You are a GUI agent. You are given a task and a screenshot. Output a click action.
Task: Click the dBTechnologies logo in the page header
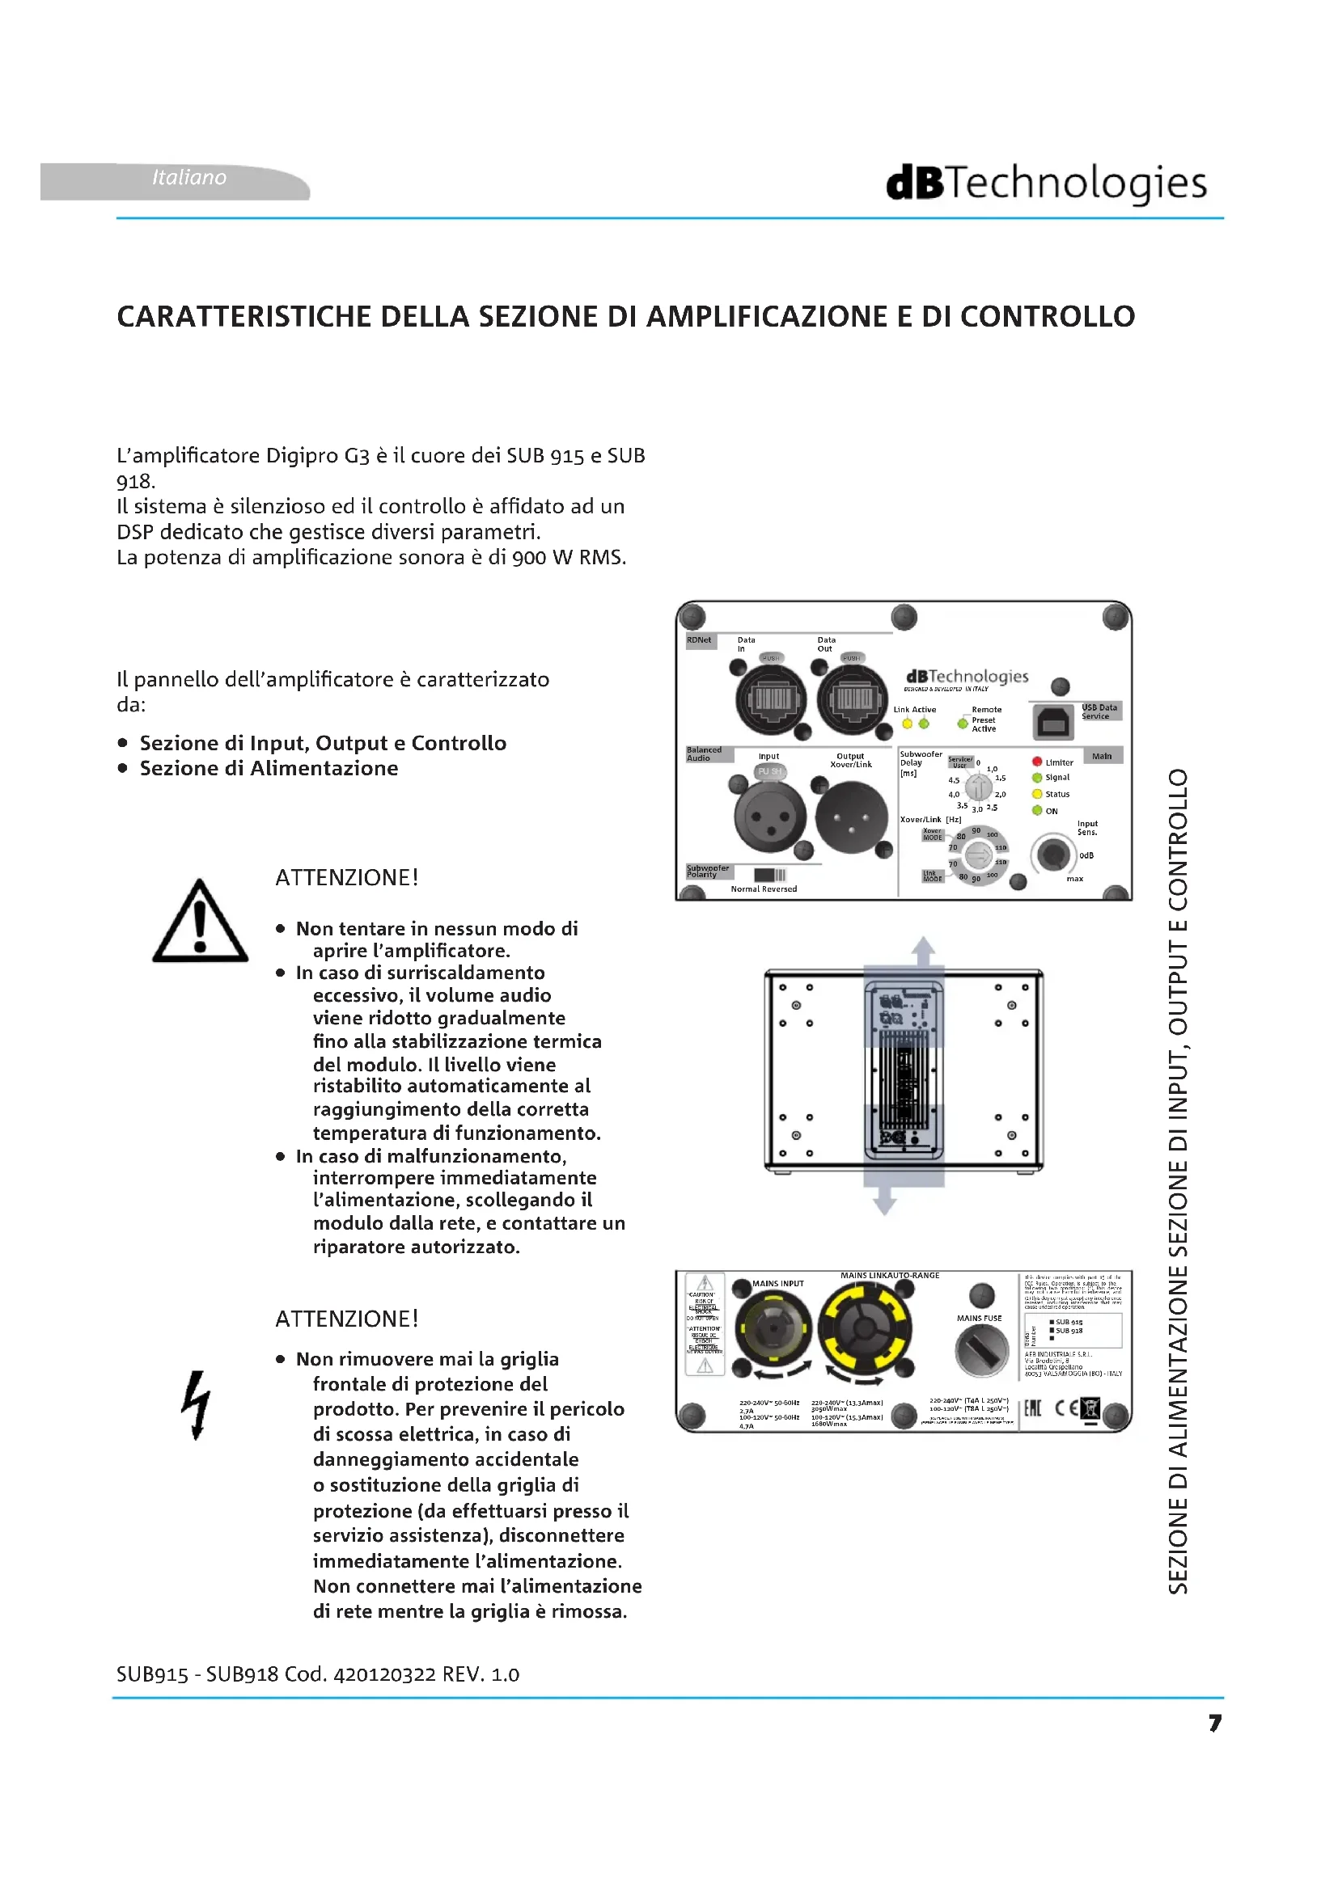(1045, 183)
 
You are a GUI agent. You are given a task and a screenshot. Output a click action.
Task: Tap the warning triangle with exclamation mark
(200, 923)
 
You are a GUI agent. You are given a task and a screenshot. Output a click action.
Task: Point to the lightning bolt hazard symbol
(196, 1404)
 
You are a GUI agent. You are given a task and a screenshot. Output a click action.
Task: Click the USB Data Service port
(1053, 722)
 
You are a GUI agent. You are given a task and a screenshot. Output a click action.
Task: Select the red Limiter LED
(1036, 762)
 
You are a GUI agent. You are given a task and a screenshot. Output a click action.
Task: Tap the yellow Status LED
(1036, 794)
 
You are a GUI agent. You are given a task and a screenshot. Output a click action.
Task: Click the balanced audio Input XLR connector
(770, 817)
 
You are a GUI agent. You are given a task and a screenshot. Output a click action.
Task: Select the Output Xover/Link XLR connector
(852, 817)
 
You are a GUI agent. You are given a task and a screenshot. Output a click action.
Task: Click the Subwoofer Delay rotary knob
(978, 788)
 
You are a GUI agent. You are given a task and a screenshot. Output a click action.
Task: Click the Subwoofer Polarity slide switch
(769, 875)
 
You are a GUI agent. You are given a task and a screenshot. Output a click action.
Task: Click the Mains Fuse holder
(980, 1352)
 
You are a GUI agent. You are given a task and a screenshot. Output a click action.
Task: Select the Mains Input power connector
(773, 1328)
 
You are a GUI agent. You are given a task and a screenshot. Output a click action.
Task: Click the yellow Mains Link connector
(864, 1327)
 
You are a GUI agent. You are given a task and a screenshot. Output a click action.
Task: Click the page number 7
(1214, 1723)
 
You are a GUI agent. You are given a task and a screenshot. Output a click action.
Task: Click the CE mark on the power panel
(1066, 1408)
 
